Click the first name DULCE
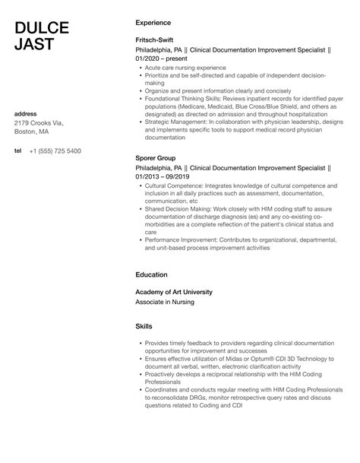click(x=42, y=28)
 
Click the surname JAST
click(x=34, y=45)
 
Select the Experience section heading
click(x=153, y=23)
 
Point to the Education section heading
click(x=151, y=274)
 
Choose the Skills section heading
click(x=144, y=325)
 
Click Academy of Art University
click(x=174, y=292)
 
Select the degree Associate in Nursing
click(x=165, y=302)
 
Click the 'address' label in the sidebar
click(x=26, y=114)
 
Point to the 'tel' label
click(x=18, y=151)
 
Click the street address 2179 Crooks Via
click(x=39, y=123)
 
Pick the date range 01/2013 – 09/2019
click(x=163, y=176)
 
